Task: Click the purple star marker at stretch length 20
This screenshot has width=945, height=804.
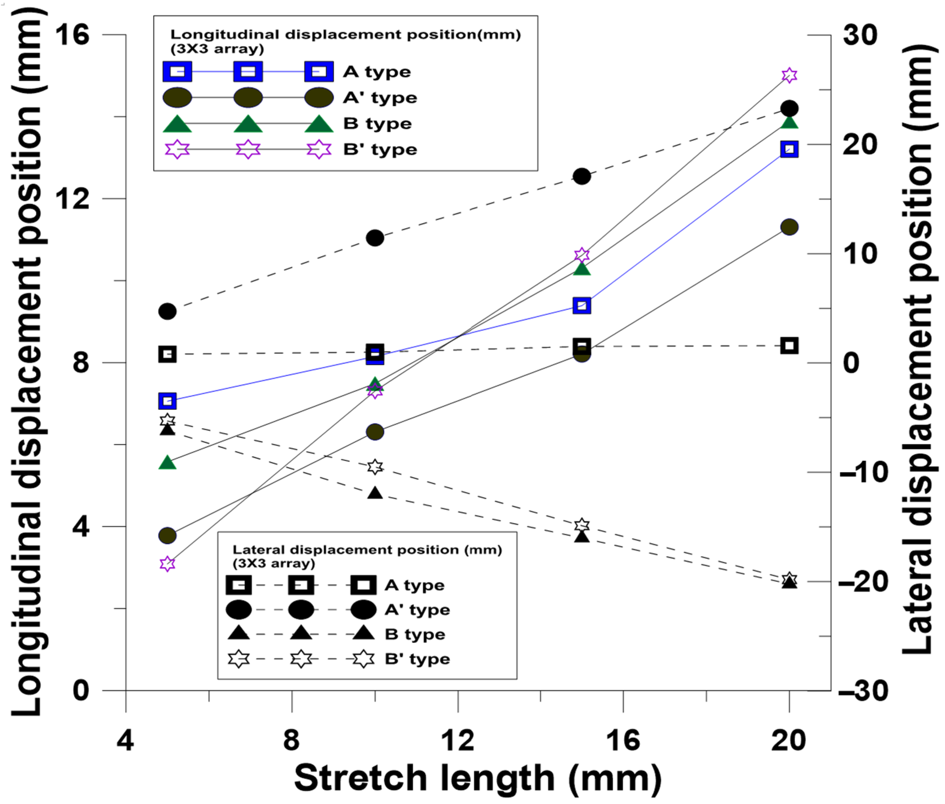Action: [x=789, y=75]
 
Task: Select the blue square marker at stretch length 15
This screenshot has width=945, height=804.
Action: [x=582, y=305]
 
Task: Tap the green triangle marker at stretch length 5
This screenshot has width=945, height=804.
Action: [x=167, y=463]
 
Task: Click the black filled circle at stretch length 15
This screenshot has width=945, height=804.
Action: [x=582, y=176]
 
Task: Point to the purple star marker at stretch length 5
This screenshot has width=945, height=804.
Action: [x=167, y=564]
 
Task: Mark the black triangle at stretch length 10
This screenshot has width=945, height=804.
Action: [x=375, y=493]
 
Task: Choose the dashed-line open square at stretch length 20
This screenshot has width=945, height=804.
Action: [x=789, y=346]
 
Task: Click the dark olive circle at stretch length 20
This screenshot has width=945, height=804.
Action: [x=789, y=227]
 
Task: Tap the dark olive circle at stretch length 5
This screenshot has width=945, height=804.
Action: [x=167, y=535]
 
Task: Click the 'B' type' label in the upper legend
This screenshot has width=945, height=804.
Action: [x=380, y=150]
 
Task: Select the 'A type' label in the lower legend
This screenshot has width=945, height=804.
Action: [x=414, y=585]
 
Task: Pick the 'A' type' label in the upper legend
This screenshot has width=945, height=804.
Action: [x=380, y=98]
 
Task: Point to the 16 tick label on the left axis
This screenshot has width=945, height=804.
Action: [x=72, y=35]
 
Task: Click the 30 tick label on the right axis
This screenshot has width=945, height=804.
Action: [x=860, y=35]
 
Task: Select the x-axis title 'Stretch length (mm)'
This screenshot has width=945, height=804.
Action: [x=477, y=778]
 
